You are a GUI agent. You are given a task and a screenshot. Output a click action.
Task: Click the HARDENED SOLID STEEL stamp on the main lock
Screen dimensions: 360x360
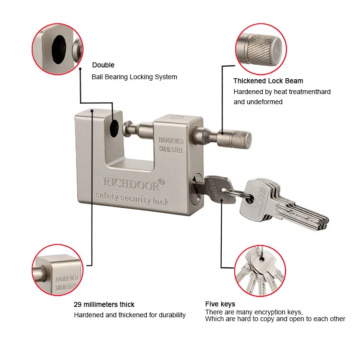pos(171,144)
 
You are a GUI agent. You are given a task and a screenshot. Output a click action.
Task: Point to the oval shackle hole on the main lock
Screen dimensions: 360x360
pos(114,128)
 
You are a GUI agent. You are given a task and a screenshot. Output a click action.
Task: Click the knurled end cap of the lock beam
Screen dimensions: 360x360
pos(241,140)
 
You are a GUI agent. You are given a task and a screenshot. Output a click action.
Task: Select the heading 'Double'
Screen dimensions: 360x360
pos(103,65)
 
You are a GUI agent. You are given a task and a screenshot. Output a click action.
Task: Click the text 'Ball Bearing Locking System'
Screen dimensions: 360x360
pos(134,77)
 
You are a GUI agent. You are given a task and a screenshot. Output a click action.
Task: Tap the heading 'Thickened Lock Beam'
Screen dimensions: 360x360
pos(268,81)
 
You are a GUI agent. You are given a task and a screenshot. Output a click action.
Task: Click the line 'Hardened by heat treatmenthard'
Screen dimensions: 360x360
pos(282,92)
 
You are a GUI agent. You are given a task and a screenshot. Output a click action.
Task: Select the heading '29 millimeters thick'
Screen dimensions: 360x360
pos(104,304)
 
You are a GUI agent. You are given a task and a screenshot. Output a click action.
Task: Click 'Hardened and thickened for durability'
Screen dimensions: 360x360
pos(130,315)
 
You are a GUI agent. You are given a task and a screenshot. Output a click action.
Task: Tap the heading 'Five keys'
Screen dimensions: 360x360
pos(220,304)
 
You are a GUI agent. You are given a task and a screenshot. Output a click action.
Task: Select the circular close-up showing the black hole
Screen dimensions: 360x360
pos(57,48)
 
